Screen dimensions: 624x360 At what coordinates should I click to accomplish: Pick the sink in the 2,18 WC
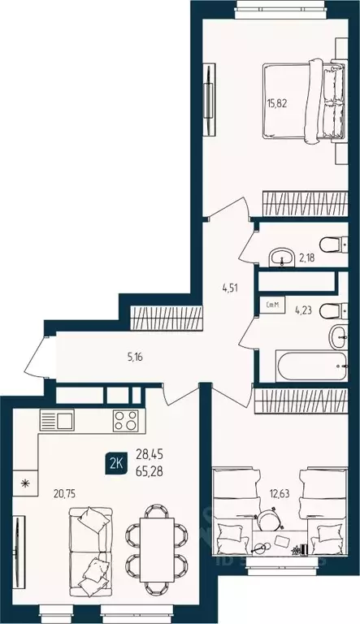(x=282, y=258)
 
